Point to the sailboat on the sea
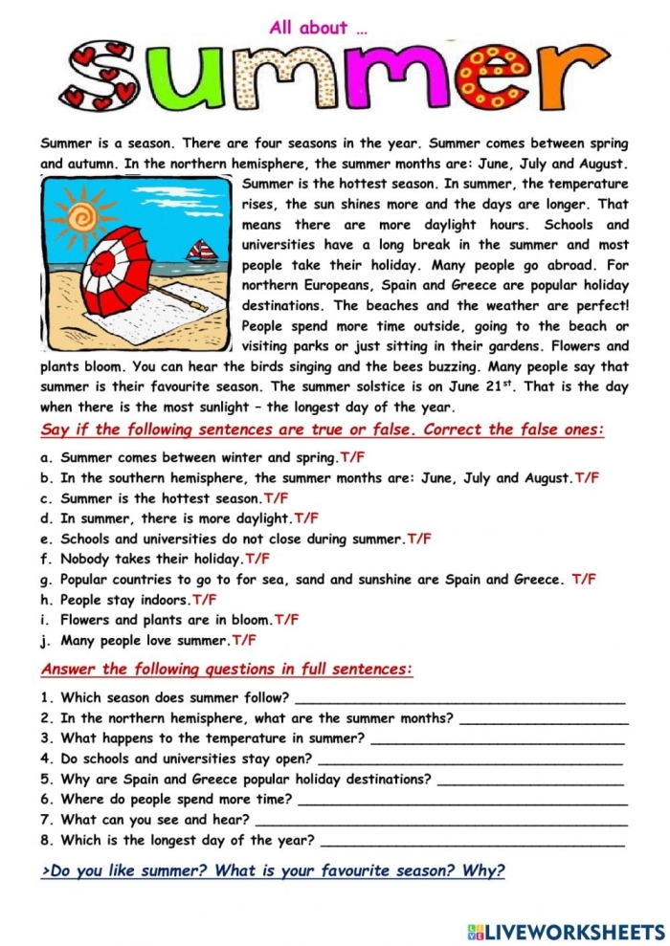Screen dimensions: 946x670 (x=202, y=253)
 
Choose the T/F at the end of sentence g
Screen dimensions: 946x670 (x=583, y=579)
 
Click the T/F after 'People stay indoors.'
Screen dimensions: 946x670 (x=204, y=600)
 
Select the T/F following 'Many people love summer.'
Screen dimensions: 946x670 (x=244, y=640)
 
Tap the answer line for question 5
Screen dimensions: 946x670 (x=530, y=780)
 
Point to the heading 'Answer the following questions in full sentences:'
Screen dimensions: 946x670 (x=227, y=669)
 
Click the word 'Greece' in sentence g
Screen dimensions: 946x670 (x=541, y=580)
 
